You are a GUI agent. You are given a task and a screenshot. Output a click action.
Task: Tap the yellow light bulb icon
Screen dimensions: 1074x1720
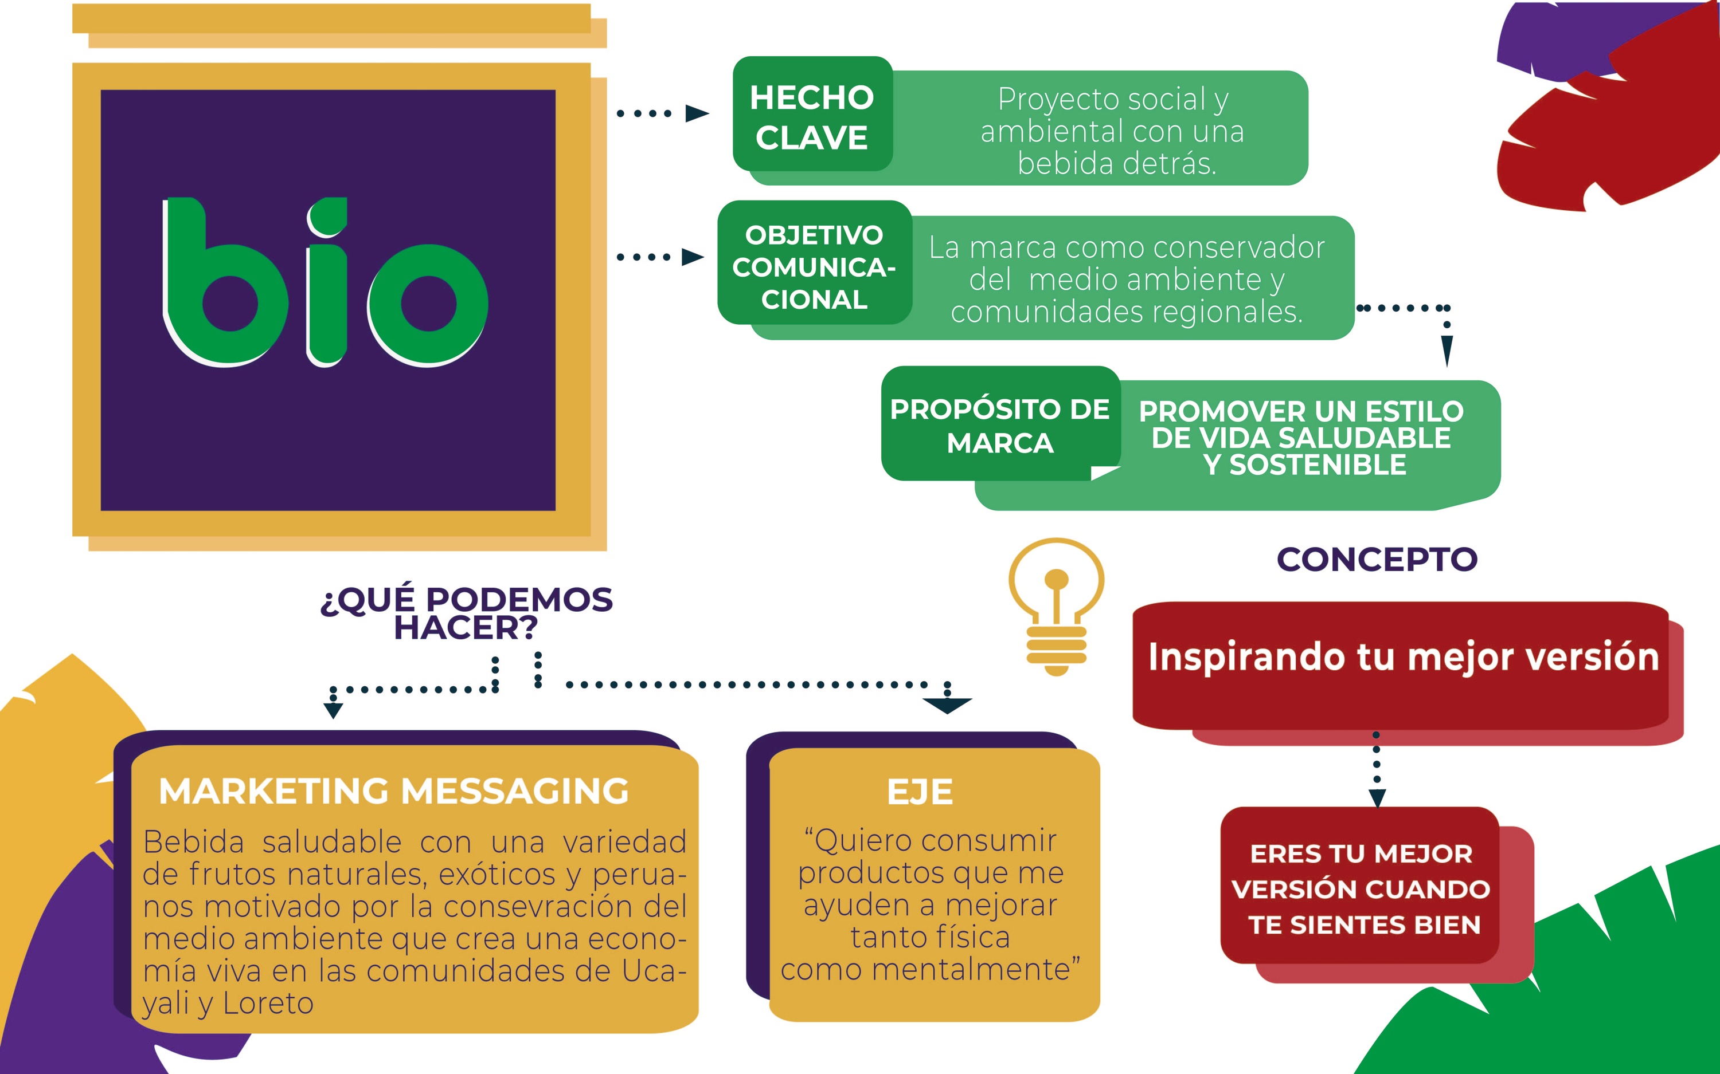[1056, 604]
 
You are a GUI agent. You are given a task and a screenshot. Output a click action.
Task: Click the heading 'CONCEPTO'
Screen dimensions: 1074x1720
[1377, 560]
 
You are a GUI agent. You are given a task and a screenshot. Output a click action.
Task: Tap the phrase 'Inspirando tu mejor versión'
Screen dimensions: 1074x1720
[1403, 657]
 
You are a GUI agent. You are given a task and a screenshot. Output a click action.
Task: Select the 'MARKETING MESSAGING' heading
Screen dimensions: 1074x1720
[394, 790]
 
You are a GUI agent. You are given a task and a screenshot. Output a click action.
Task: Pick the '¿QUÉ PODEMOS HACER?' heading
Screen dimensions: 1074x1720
[466, 613]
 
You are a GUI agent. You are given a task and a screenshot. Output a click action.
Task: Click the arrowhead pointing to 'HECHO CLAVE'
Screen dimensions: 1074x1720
[697, 113]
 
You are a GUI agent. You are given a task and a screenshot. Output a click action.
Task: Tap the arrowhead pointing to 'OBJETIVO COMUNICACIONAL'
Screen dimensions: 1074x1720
[692, 257]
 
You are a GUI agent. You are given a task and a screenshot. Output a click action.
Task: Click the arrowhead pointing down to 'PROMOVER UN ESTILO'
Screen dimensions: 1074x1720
[1447, 349]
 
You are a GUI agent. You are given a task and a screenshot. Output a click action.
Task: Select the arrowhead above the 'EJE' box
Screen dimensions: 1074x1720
[947, 705]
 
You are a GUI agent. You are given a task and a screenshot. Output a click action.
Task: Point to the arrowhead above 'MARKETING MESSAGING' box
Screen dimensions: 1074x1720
[333, 710]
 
